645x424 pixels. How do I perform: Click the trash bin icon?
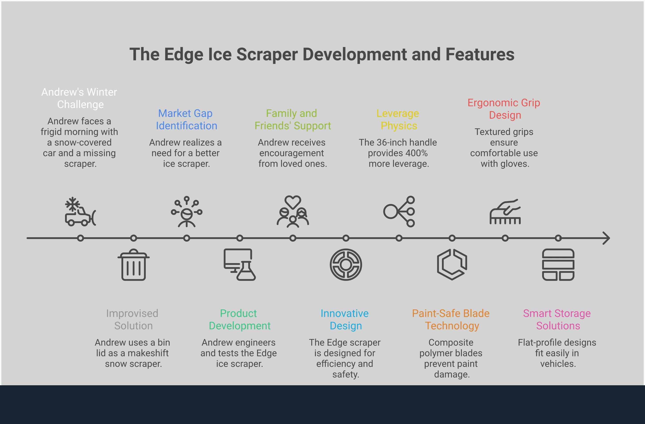(133, 265)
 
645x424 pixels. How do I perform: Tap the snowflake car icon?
(80, 212)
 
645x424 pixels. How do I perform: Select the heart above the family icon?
(293, 202)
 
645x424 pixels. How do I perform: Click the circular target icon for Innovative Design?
(346, 265)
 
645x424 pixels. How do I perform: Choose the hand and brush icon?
(505, 212)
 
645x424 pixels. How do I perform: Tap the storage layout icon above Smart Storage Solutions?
(558, 265)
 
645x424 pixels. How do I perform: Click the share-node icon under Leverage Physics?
(399, 212)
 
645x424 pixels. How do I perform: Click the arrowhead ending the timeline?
(607, 238)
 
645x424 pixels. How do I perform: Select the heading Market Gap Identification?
(186, 119)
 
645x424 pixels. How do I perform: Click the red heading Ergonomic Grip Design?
(504, 109)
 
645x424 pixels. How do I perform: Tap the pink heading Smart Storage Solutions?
(557, 319)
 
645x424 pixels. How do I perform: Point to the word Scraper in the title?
(267, 54)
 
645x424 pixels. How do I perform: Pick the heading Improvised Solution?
(132, 319)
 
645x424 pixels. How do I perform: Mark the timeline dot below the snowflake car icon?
(80, 238)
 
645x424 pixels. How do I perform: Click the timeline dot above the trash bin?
(133, 238)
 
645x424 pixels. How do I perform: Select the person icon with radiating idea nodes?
(186, 212)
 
